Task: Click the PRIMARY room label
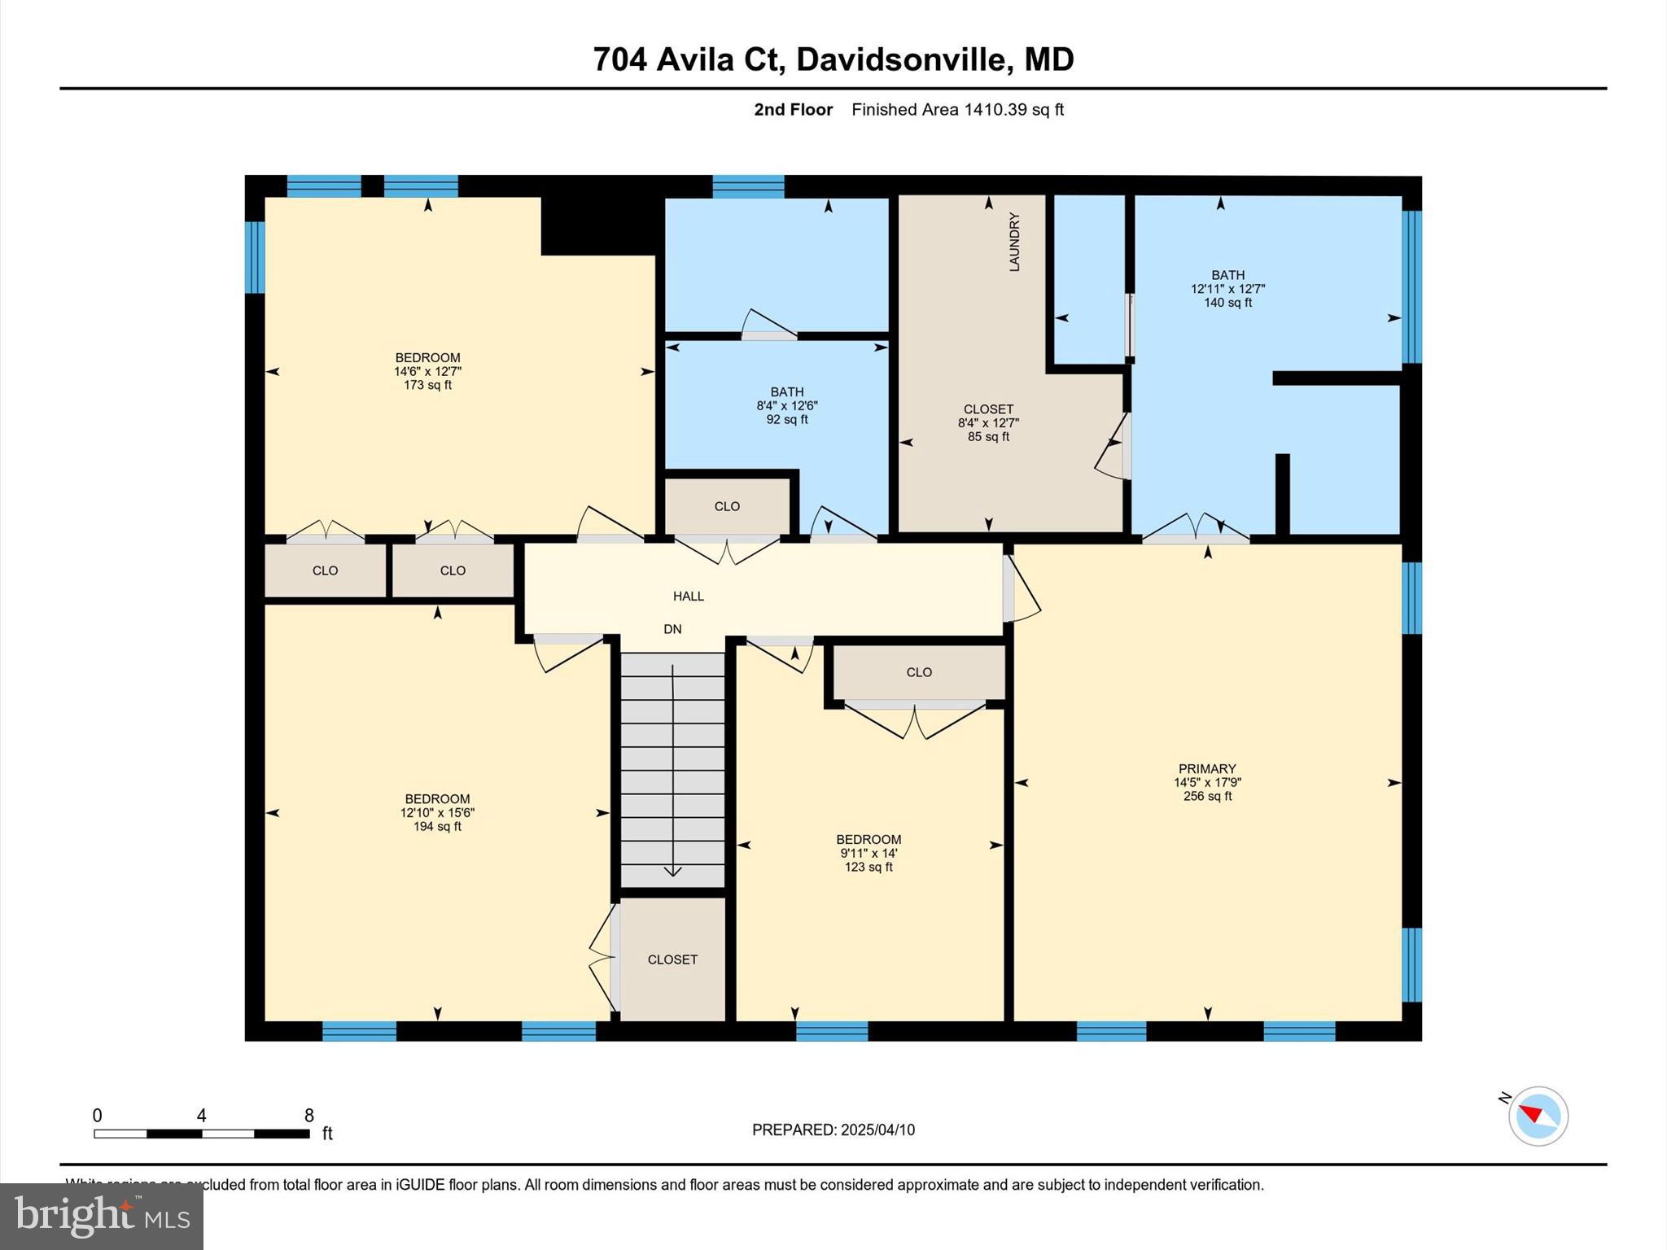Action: pos(1207,769)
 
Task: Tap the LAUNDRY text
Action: pos(1014,242)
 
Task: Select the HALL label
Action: pos(688,597)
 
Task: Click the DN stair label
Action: pos(672,629)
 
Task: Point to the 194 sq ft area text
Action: pos(437,827)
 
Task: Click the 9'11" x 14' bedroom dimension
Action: pos(869,854)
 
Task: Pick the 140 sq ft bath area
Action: pos(1227,303)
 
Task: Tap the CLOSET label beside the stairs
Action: pos(672,959)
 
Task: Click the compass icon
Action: pos(1538,1116)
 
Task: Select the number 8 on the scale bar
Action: pos(308,1116)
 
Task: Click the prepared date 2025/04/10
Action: pos(877,1130)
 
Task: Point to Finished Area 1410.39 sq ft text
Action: pos(957,110)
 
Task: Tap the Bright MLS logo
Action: pos(102,1217)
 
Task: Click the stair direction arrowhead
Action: pos(672,872)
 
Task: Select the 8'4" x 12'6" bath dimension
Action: pos(786,406)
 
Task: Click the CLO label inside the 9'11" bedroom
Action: pos(919,672)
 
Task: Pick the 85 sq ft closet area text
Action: pos(988,437)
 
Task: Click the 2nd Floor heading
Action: pos(793,110)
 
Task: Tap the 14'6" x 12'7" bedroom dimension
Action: pos(427,372)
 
